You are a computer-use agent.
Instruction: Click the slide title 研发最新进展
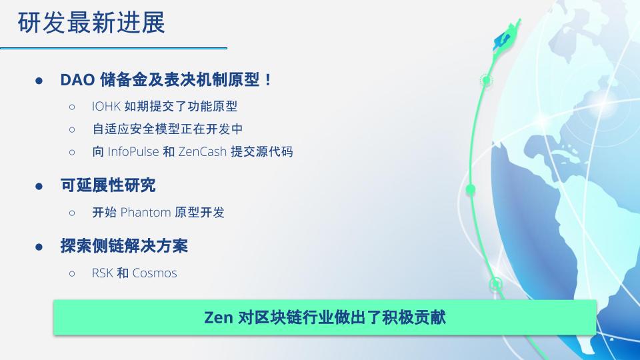pos(91,23)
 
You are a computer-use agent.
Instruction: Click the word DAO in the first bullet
pos(77,80)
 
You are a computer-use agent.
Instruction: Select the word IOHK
pos(106,107)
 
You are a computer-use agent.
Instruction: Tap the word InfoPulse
pos(133,152)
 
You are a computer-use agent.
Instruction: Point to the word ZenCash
pos(203,152)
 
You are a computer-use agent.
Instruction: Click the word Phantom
pos(145,212)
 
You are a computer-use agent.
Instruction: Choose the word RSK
pos(102,273)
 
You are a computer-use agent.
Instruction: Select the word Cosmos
pos(155,273)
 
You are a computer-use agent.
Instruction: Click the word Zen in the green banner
pos(219,317)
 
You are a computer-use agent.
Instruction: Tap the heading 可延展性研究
pos(108,185)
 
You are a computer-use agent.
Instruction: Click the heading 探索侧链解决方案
pos(124,246)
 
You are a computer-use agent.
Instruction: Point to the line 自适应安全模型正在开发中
pos(167,129)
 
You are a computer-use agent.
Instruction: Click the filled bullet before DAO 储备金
pos(39,81)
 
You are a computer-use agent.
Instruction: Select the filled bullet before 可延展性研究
pos(39,187)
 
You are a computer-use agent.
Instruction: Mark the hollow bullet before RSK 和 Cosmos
pos(72,273)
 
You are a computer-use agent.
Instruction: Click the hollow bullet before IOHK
pos(72,107)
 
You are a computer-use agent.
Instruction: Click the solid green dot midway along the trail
pos(471,189)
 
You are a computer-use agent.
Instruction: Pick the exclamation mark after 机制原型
pos(268,80)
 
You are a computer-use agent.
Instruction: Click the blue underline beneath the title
pos(113,48)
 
